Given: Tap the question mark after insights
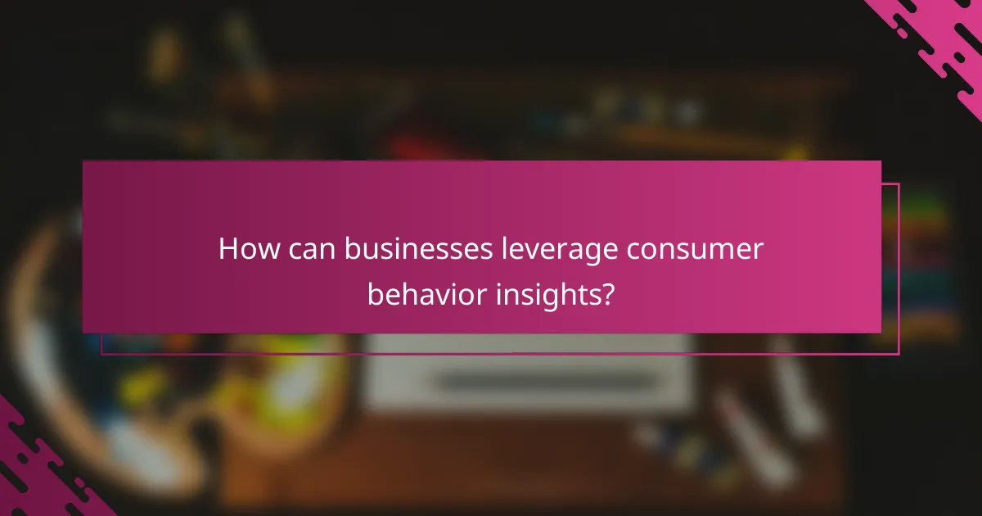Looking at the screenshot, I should pyautogui.click(x=606, y=294).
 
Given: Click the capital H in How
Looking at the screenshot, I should pyautogui.click(x=228, y=250).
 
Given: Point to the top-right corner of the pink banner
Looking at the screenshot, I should pyautogui.click(x=881, y=161).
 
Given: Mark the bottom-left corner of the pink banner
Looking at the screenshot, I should pyautogui.click(x=83, y=332).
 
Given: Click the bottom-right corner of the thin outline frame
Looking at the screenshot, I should pyautogui.click(x=899, y=354).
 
